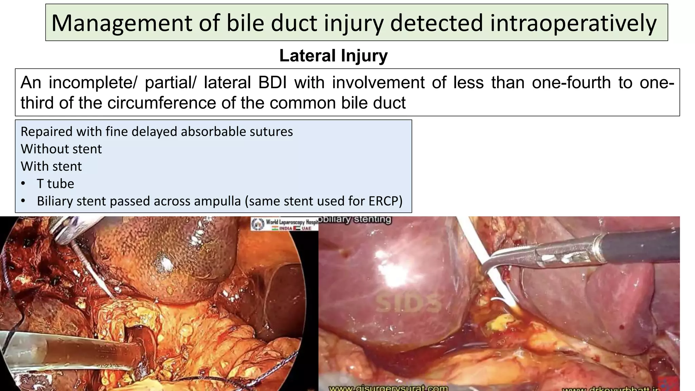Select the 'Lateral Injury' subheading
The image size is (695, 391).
[x=333, y=56]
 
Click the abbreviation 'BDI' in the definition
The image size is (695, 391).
[x=273, y=82]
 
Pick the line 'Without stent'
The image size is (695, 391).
[x=61, y=149]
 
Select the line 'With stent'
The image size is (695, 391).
[x=51, y=166]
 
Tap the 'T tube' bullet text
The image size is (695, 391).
[x=55, y=184]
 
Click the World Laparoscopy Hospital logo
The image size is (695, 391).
[x=284, y=224]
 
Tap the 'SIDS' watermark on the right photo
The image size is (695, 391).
[x=408, y=303]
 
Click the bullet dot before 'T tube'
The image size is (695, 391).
[x=23, y=184]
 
